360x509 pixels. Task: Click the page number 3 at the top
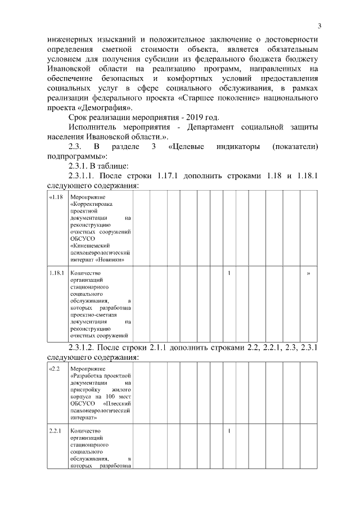(319, 26)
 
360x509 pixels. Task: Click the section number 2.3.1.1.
(84, 176)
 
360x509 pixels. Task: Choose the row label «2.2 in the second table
(53, 368)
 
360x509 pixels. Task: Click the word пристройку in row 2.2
(85, 389)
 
